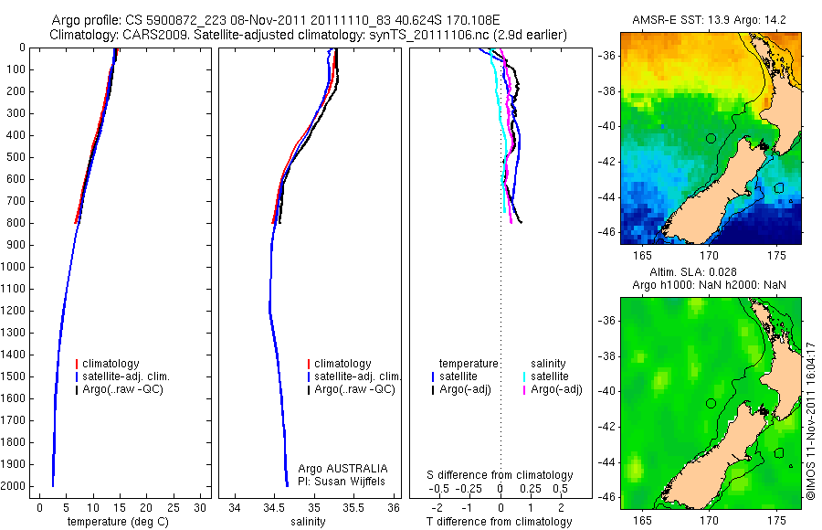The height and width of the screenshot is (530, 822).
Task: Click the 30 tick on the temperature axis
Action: click(x=202, y=507)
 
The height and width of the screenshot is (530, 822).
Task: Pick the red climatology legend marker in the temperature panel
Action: click(x=77, y=364)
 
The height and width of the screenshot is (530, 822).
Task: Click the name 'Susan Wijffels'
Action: click(x=351, y=481)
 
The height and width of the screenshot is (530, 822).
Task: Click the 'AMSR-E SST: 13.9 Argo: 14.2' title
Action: click(x=711, y=20)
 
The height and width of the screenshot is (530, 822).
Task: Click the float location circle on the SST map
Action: click(x=711, y=138)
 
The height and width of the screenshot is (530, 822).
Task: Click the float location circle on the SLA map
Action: click(x=711, y=403)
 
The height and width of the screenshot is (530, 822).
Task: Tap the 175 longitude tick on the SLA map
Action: click(x=776, y=516)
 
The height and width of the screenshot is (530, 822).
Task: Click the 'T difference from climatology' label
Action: click(x=499, y=522)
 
